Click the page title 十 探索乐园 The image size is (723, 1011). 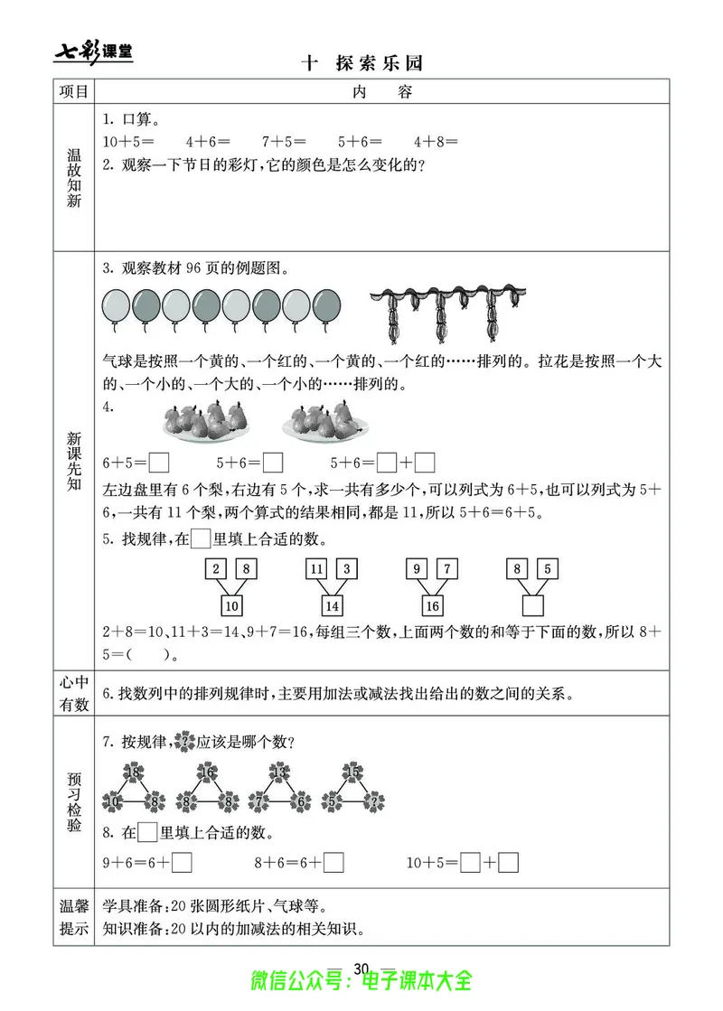coord(361,63)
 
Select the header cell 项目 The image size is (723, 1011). coord(73,91)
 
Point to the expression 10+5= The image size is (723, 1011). coord(128,142)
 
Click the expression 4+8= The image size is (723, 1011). coord(437,142)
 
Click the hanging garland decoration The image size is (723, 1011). coord(448,312)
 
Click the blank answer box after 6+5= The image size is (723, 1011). coord(159,463)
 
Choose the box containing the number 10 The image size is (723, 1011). coord(232,605)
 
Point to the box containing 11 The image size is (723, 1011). coord(316,569)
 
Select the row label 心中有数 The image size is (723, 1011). coord(73,694)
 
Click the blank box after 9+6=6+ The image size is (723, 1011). coord(182,863)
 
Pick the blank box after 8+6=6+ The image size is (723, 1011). coord(333,863)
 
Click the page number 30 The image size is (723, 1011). coord(362,969)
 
